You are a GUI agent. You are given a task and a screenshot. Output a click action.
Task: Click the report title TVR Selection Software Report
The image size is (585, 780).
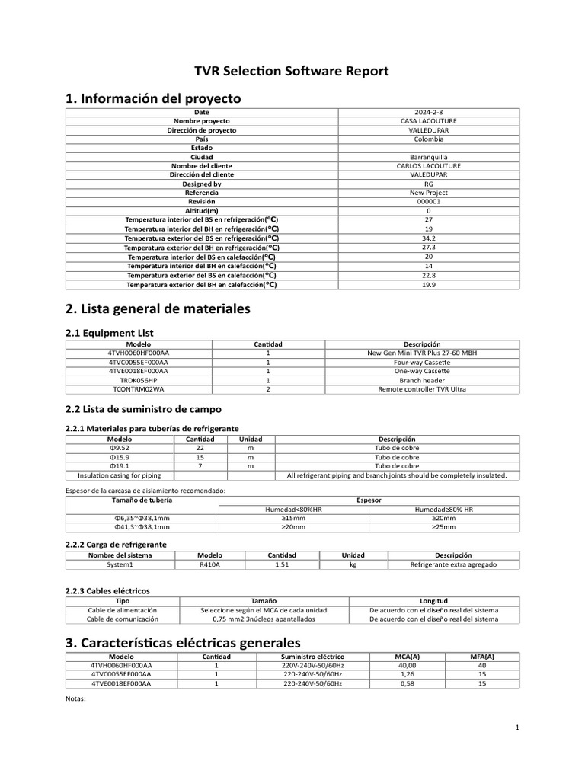(x=292, y=71)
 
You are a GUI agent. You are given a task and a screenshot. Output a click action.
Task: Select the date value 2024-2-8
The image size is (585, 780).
(x=428, y=112)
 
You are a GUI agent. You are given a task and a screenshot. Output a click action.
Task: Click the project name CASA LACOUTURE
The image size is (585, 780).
(x=428, y=121)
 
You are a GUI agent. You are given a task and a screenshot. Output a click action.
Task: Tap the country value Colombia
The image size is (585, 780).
(x=428, y=139)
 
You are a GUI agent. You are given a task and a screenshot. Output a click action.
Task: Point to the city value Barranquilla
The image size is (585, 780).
(x=428, y=157)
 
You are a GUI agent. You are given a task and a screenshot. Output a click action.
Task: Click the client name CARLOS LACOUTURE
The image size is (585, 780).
(x=428, y=166)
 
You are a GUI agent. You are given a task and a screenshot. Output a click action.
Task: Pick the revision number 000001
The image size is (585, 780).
(x=428, y=202)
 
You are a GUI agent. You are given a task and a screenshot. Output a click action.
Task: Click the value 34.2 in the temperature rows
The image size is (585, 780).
(x=428, y=238)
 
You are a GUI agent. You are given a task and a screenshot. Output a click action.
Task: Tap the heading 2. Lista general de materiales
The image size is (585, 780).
(x=158, y=309)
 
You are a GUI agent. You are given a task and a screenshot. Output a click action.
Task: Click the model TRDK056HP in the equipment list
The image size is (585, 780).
(x=138, y=380)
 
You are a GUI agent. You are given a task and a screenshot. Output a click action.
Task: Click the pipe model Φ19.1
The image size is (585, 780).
(x=120, y=466)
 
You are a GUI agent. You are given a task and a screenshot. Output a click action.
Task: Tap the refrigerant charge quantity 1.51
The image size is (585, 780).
(x=281, y=565)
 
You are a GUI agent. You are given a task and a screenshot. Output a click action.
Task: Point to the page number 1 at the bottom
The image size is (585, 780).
(x=516, y=728)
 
